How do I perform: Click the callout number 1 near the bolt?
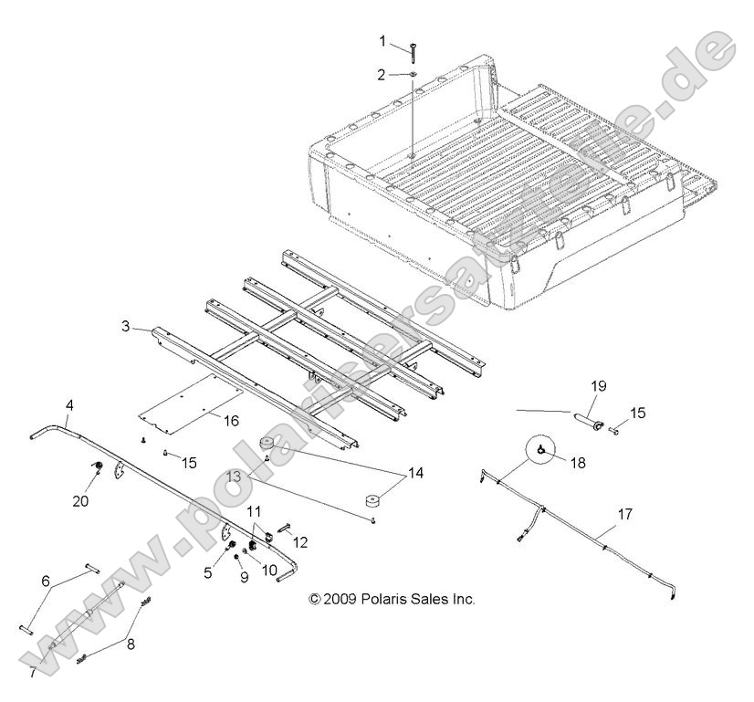[383, 40]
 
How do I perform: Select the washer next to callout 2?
[413, 75]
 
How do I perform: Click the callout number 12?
[300, 542]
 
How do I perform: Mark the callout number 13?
[236, 477]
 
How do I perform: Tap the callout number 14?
[415, 473]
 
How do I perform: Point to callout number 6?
[46, 582]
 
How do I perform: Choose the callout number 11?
[254, 510]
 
